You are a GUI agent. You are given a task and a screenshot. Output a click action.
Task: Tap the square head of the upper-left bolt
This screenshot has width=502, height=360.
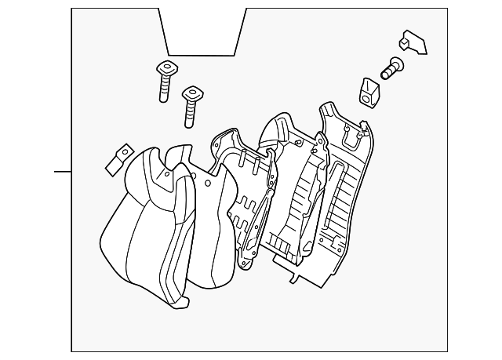click(165, 67)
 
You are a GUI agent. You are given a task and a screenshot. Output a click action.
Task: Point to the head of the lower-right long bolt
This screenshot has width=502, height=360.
click(191, 95)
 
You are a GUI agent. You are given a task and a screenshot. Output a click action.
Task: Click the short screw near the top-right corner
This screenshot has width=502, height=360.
click(391, 68)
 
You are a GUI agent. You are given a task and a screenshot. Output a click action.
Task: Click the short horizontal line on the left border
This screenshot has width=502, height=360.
click(62, 170)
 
